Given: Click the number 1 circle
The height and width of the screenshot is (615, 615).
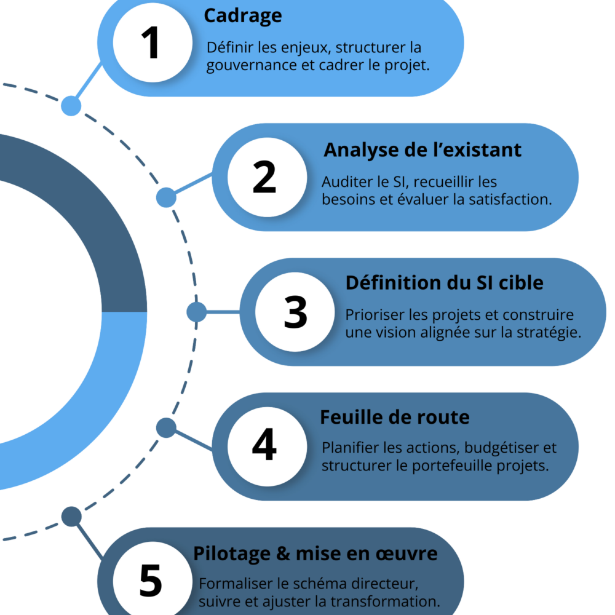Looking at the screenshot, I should (x=150, y=44).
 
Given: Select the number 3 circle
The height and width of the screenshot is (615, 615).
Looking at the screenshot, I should (x=295, y=312).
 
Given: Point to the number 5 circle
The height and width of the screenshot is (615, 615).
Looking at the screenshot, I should (x=150, y=580).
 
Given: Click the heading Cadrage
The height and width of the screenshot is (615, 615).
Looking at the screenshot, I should (x=242, y=16).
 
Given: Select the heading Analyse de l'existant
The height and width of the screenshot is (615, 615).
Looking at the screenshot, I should (x=423, y=149).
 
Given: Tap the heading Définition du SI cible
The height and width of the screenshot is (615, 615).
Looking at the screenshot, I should (x=444, y=283).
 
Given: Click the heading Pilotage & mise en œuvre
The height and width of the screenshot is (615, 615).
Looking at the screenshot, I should (x=315, y=553).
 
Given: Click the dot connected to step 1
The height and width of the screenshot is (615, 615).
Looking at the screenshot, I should (x=71, y=106).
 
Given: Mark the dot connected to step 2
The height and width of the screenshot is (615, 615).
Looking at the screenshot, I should (x=166, y=197).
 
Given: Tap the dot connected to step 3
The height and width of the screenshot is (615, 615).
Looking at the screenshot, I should (x=196, y=312).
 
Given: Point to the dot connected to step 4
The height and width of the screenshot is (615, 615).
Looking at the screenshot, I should (x=166, y=427).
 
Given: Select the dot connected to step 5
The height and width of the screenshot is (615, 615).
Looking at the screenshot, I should (x=71, y=517).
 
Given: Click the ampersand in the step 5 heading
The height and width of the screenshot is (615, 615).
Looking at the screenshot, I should (x=284, y=553).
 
